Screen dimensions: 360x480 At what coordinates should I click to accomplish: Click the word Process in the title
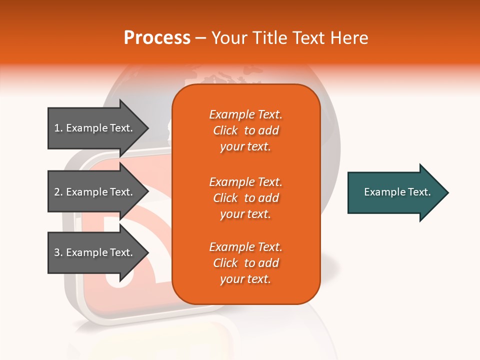pos(157,38)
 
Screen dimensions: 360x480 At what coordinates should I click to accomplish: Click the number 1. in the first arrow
pos(58,128)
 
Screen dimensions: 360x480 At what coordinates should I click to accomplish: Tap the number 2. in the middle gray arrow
pos(58,192)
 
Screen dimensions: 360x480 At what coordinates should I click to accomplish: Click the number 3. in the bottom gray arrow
pos(58,252)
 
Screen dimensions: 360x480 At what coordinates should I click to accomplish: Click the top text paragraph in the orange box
pos(245,130)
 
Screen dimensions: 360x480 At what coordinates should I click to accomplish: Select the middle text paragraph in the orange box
pos(245,198)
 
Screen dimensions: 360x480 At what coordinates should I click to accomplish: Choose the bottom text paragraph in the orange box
pos(245,263)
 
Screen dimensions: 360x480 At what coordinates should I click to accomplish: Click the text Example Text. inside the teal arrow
pos(397,192)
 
